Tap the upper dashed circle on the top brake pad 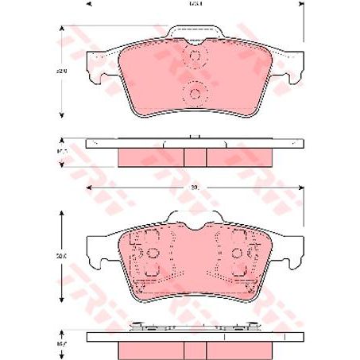coord(193,57)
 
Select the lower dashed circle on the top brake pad coord(193,93)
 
